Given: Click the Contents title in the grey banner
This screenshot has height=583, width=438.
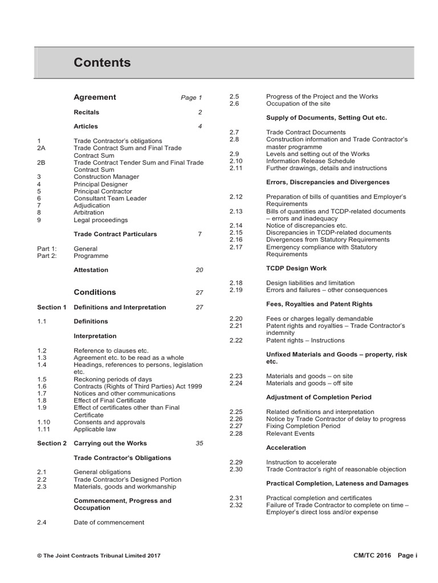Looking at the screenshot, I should point(102,63).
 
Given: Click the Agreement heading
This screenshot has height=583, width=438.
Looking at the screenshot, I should point(95,97).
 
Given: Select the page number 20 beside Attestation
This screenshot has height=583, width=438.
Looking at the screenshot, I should point(199,270).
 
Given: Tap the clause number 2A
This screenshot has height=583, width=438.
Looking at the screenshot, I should point(40,148).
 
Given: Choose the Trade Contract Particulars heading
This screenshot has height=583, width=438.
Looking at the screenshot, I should point(115,234).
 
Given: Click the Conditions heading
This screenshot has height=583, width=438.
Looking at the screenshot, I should point(95,292).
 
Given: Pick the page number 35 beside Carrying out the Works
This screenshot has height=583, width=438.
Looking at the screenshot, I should point(199,443).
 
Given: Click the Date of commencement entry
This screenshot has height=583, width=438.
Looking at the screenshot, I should point(109,522).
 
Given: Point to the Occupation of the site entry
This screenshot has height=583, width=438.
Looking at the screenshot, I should point(298,104).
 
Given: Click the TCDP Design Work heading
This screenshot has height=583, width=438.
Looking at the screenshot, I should point(297,268).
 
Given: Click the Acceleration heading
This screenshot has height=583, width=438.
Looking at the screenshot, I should point(286,447).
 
